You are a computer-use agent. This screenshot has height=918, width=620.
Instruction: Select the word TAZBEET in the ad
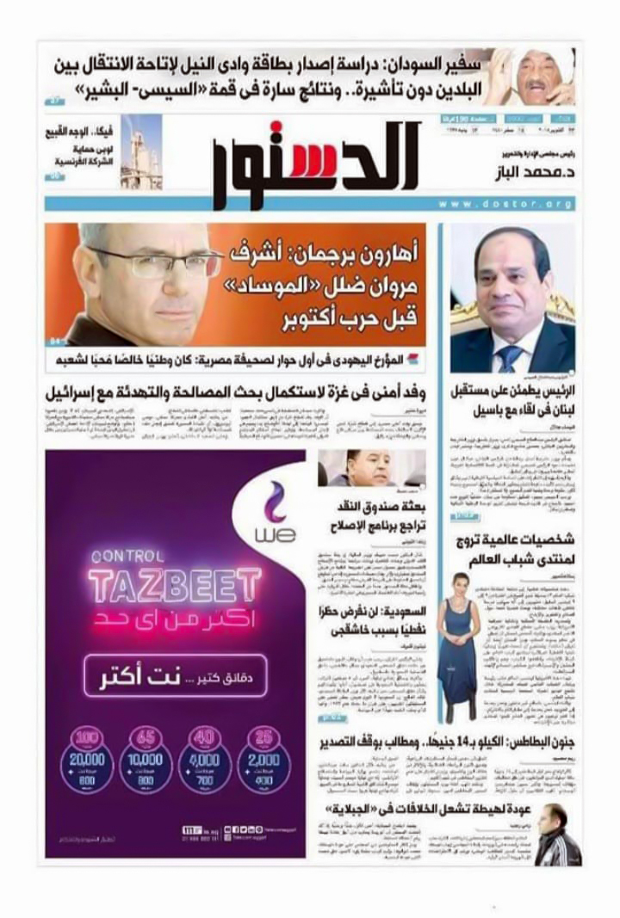point(187,584)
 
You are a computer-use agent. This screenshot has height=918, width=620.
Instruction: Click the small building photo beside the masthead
point(140,151)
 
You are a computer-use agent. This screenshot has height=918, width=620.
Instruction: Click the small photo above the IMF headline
point(371,469)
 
